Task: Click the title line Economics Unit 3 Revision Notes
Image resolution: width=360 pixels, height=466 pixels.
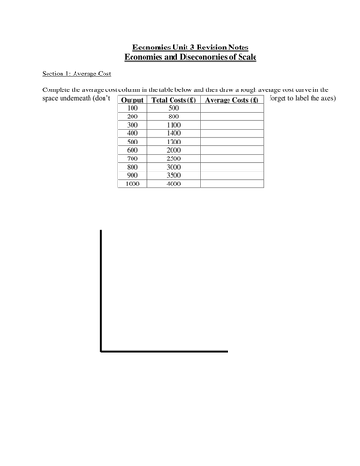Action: [179, 46]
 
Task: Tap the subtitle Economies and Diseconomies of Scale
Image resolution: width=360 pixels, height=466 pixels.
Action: [179, 56]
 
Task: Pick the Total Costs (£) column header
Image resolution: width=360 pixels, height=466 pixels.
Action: [173, 100]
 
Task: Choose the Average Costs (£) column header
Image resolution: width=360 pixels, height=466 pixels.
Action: [232, 100]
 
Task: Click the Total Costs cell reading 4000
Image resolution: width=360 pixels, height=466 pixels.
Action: [173, 184]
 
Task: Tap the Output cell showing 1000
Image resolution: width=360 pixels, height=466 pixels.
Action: [132, 184]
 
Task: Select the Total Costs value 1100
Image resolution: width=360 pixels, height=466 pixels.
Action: [173, 125]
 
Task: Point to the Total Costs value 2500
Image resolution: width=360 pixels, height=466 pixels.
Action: [173, 158]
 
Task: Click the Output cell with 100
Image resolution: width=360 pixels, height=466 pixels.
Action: [132, 108]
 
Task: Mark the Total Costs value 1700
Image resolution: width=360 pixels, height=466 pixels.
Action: [173, 142]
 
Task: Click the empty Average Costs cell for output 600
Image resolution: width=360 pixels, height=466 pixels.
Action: [232, 150]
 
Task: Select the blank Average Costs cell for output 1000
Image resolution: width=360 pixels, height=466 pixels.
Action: [232, 184]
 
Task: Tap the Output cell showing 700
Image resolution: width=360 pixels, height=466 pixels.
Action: [132, 158]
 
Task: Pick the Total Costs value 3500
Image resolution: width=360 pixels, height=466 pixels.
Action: [173, 175]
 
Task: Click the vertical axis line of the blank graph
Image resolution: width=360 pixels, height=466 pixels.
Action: [101, 289]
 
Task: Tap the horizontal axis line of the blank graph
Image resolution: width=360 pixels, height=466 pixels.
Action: [163, 351]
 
